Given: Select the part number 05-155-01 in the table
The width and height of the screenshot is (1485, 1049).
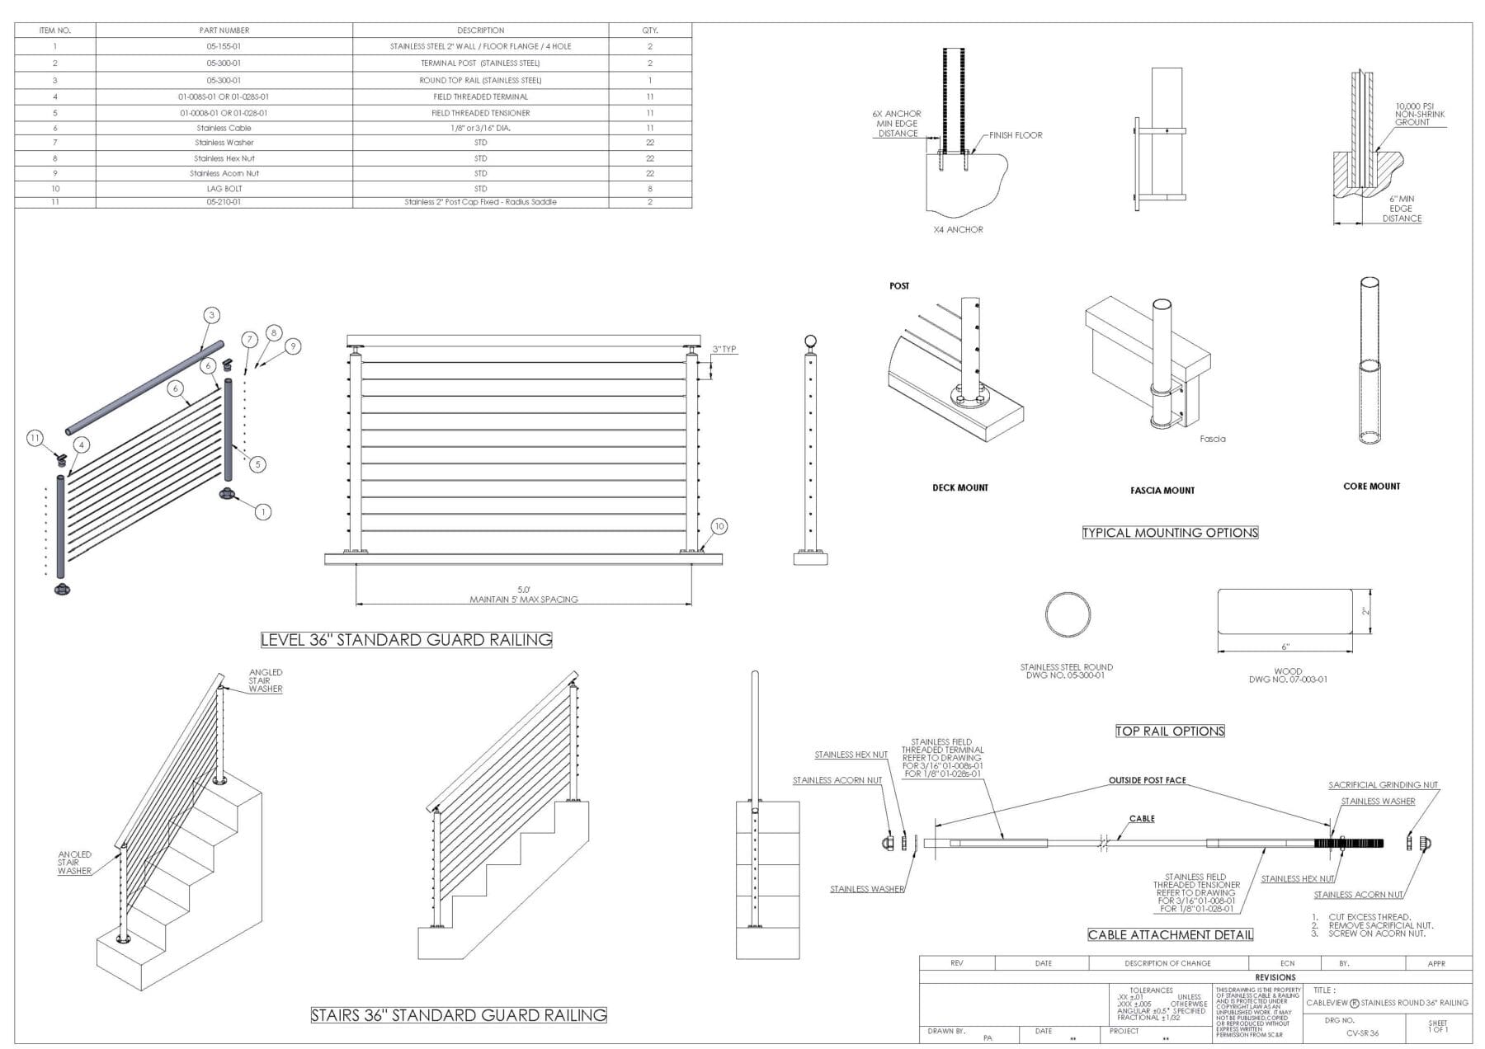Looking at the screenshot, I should (x=224, y=46).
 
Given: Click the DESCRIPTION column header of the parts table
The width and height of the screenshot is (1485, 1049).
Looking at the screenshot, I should (x=480, y=31).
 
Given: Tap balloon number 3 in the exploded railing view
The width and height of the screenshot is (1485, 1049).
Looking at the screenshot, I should (x=212, y=315).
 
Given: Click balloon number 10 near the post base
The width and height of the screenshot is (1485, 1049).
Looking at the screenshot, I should (x=719, y=526).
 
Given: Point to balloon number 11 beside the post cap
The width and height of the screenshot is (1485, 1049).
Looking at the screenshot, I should (x=35, y=438).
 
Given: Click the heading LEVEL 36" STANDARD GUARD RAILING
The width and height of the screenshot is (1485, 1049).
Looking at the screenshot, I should (x=406, y=639).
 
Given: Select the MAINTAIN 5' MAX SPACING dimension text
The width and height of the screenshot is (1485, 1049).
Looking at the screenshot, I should (x=524, y=600).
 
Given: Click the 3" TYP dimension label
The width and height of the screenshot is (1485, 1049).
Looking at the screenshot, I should (x=724, y=350).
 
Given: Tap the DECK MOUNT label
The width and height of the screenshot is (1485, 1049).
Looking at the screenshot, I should (x=959, y=487).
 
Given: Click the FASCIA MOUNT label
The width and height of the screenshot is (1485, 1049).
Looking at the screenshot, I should (x=1162, y=491).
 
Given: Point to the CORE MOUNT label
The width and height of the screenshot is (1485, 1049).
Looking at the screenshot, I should (x=1371, y=487).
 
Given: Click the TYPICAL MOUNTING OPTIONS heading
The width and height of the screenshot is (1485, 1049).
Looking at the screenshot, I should (x=1170, y=533).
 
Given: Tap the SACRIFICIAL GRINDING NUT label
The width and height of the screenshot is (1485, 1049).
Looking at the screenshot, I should (x=1383, y=785).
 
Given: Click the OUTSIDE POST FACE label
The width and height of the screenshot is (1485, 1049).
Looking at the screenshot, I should (x=1147, y=780).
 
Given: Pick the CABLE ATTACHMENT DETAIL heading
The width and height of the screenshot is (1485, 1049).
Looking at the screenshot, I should (x=1170, y=934).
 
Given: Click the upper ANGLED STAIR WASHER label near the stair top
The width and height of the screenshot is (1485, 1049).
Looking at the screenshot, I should (x=266, y=680).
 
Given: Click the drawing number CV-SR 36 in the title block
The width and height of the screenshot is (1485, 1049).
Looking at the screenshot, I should (x=1362, y=1033).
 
